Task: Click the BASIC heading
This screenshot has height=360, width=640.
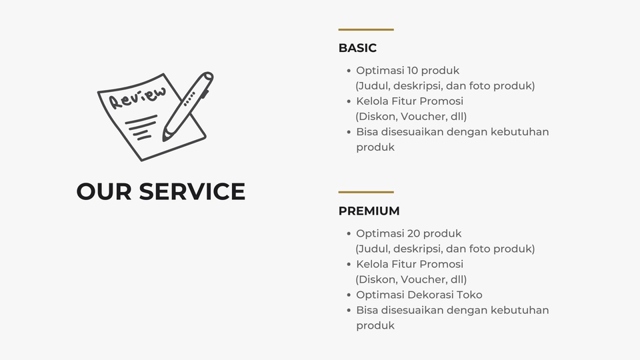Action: tap(357, 48)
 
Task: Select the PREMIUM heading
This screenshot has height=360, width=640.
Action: tap(369, 211)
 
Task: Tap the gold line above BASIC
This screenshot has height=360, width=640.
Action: tap(366, 29)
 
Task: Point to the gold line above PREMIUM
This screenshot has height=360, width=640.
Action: tap(366, 192)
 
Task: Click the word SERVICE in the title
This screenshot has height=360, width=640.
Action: tap(192, 191)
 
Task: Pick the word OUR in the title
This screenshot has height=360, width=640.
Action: tap(104, 191)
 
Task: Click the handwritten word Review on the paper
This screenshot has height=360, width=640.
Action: tap(137, 97)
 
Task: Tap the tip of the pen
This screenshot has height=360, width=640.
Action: tap(164, 139)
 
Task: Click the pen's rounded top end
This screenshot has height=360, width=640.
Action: tap(208, 76)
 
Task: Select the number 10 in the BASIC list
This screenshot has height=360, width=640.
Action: tap(412, 71)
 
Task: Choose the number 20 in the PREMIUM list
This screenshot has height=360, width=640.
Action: tap(413, 233)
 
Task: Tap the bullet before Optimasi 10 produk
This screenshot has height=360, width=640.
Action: tap(349, 71)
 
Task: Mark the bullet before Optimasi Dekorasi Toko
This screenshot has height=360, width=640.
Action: tap(349, 295)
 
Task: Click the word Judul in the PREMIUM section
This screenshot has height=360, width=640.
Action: tap(373, 249)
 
